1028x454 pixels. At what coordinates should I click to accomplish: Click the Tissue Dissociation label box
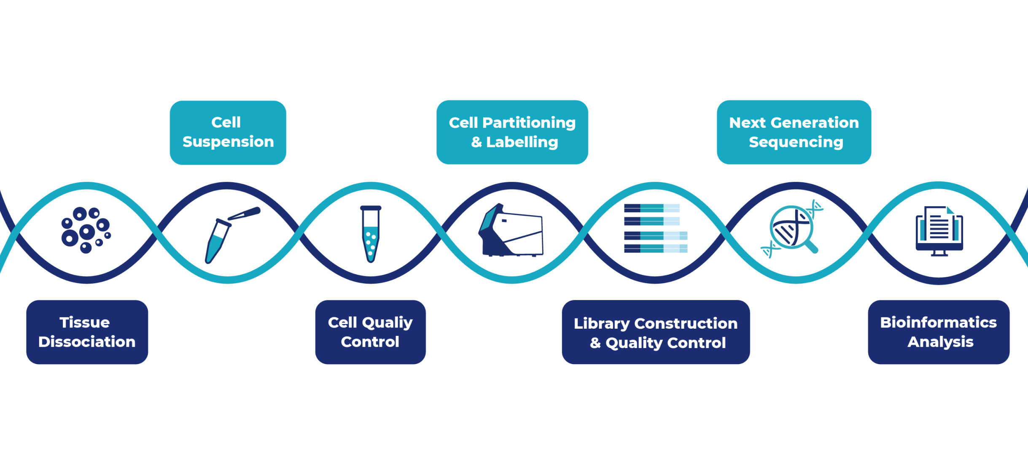(x=87, y=332)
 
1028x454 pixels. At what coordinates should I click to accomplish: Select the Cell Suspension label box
(x=228, y=132)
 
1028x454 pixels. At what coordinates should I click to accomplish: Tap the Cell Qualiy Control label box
(x=371, y=332)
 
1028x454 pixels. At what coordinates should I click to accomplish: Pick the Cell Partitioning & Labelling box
(x=512, y=132)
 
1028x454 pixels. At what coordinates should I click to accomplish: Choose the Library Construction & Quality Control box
(x=656, y=332)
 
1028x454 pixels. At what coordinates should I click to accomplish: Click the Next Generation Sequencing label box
(x=794, y=132)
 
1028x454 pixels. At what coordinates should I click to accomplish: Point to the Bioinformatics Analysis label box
(x=939, y=332)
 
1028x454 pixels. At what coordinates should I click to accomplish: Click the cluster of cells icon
(x=86, y=230)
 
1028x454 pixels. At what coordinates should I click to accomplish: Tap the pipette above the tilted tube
(x=244, y=213)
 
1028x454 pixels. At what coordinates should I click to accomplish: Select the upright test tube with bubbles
(x=371, y=234)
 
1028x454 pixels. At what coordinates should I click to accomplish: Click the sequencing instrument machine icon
(x=511, y=230)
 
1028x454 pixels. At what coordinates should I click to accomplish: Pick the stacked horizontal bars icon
(x=656, y=228)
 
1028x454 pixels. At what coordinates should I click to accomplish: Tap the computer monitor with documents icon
(x=939, y=231)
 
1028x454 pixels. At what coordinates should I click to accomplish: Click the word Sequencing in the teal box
(x=796, y=142)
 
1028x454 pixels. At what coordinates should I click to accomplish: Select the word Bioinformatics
(x=939, y=322)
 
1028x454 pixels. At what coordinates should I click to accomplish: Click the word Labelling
(x=522, y=142)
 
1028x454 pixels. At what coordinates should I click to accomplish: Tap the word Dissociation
(x=87, y=342)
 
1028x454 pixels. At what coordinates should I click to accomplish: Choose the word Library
(x=602, y=324)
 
